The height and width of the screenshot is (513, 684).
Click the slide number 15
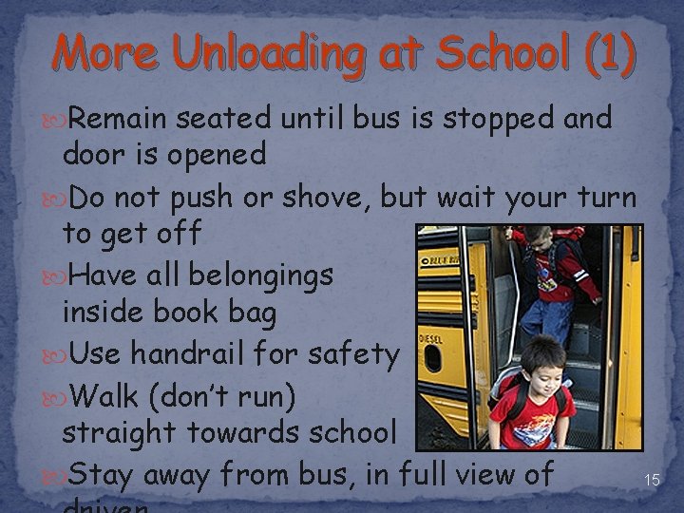tap(652, 480)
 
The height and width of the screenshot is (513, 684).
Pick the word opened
tap(218, 155)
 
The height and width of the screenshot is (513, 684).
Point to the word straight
tap(121, 432)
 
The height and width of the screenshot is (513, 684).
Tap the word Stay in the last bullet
tap(105, 472)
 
